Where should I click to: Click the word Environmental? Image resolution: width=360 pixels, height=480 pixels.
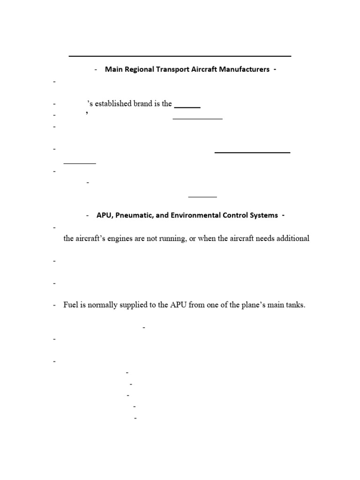[x=191, y=215]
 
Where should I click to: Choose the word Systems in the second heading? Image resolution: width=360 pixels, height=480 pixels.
[x=262, y=215]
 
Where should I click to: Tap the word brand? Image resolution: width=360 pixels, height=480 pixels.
[x=145, y=104]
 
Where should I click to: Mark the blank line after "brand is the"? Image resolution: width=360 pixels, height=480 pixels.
[x=187, y=107]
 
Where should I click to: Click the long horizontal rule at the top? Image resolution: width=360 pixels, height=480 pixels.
[x=180, y=56]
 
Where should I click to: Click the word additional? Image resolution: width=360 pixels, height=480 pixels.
[x=292, y=239]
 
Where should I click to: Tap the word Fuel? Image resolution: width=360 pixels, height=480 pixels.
[x=71, y=305]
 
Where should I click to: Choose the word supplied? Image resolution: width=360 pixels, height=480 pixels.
[x=133, y=305]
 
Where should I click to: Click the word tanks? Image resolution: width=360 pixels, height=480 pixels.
[x=294, y=305]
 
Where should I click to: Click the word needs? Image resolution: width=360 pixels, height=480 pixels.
[x=261, y=239]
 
